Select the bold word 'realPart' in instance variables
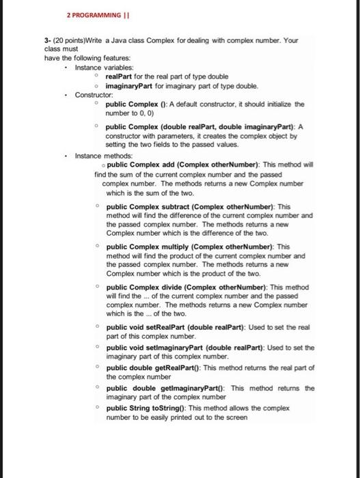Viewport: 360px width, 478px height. pos(119,76)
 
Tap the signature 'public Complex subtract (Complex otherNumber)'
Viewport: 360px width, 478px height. pos(188,206)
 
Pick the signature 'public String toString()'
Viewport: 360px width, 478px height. pos(147,408)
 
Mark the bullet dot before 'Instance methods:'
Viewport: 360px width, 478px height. pos(65,156)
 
